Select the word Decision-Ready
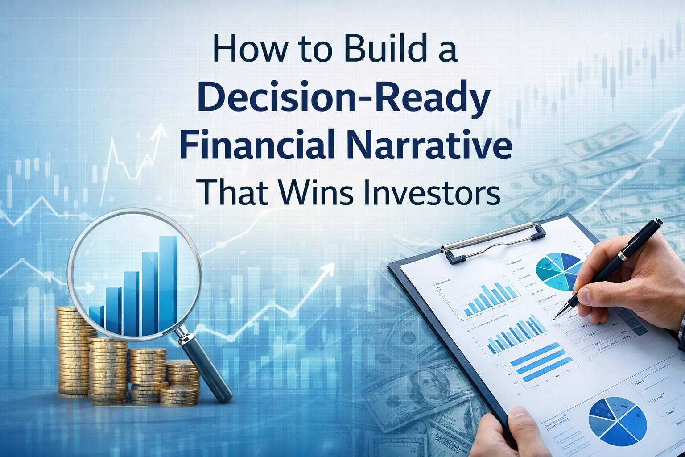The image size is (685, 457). (343, 99)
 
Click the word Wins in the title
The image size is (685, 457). (316, 192)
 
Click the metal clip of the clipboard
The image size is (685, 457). (495, 243)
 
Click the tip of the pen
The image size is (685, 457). (554, 319)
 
